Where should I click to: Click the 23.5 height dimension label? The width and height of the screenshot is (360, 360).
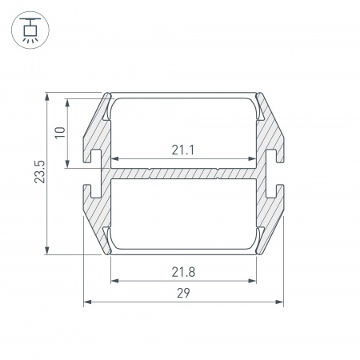[39, 172]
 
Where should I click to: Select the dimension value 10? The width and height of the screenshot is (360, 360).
[60, 133]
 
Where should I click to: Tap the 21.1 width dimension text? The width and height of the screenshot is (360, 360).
[183, 150]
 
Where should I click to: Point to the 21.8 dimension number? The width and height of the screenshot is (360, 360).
[183, 272]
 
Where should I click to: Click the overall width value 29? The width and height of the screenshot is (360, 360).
[183, 293]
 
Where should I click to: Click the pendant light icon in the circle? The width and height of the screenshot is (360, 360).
[30, 30]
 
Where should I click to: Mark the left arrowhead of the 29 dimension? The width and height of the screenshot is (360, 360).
[87, 302]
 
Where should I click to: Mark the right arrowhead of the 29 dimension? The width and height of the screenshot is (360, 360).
[279, 302]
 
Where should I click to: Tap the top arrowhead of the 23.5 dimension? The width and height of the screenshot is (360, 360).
[47, 97]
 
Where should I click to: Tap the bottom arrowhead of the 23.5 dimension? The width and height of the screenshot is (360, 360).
[47, 250]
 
